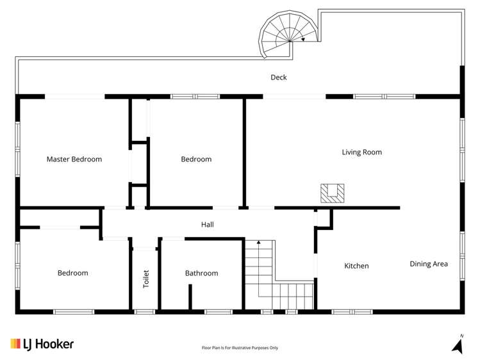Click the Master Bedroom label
click(74, 160)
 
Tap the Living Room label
click(361, 152)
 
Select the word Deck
click(278, 78)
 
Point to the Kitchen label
click(356, 266)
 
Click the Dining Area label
click(429, 264)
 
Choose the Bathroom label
click(201, 274)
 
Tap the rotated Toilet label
click(146, 279)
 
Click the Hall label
click(207, 225)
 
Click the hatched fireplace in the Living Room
click(333, 193)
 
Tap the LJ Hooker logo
click(42, 344)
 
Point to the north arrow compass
click(458, 345)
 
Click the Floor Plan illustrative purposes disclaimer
click(240, 348)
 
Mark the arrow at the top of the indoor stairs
click(259, 243)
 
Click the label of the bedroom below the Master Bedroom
click(72, 274)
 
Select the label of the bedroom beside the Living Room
click(195, 160)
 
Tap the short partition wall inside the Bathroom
click(190, 297)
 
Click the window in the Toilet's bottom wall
click(145, 312)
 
